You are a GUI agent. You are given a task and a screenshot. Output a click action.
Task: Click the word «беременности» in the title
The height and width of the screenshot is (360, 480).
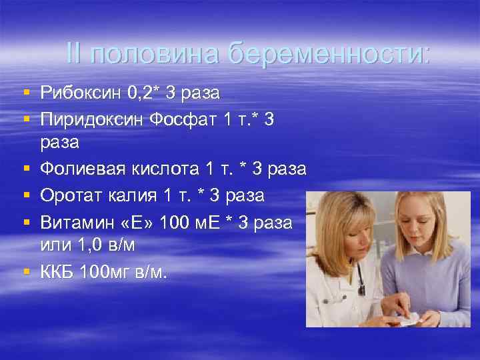(329, 53)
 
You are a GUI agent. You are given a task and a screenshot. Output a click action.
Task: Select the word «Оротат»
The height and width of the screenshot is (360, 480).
(71, 195)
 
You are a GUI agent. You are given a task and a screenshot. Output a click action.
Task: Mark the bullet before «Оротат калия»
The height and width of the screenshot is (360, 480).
(25, 196)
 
